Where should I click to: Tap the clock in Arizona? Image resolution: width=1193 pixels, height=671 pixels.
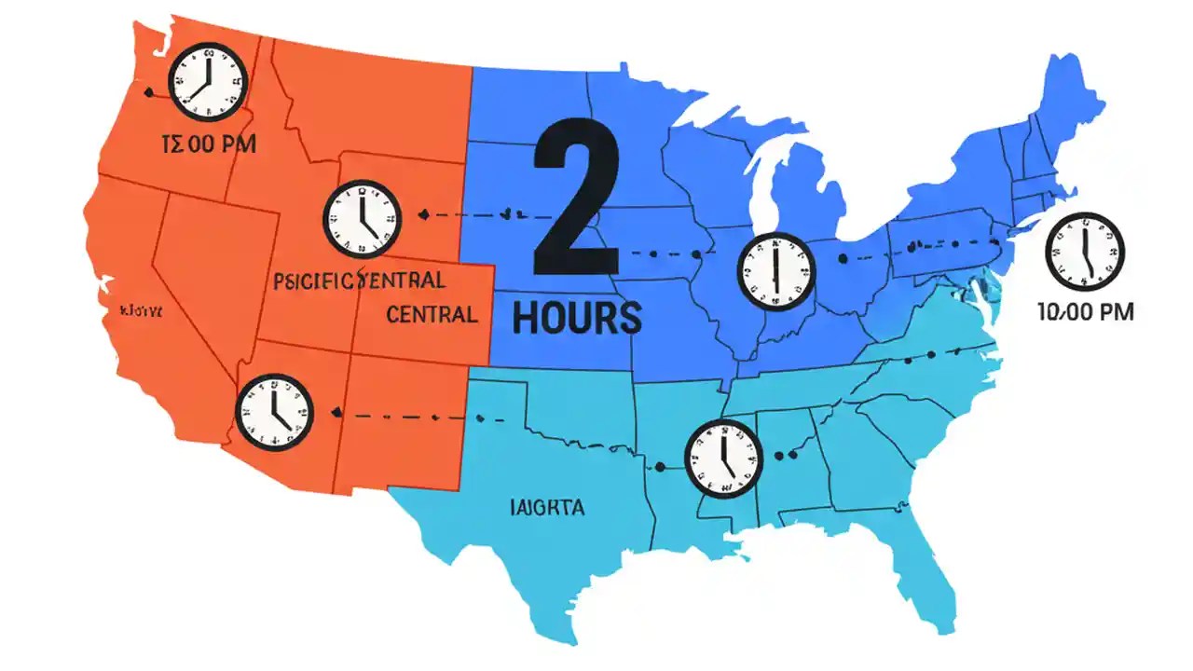coord(274,410)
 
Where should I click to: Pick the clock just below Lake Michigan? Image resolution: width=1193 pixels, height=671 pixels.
coord(775,271)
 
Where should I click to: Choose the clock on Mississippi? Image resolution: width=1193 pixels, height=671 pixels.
coord(723,458)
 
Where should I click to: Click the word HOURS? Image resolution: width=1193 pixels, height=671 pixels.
coord(577,318)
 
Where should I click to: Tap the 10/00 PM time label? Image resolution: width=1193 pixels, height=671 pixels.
coord(1085,312)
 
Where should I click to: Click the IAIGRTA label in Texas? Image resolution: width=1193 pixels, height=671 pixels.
coord(547,508)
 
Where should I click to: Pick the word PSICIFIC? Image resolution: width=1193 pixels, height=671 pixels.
coord(313,280)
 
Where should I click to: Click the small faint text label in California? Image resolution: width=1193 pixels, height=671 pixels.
coord(141,310)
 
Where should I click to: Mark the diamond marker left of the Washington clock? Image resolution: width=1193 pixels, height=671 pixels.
coord(147,91)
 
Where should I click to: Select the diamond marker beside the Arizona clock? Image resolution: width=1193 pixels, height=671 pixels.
coord(335,413)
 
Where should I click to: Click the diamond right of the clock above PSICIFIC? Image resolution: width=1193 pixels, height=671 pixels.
coord(425,215)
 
